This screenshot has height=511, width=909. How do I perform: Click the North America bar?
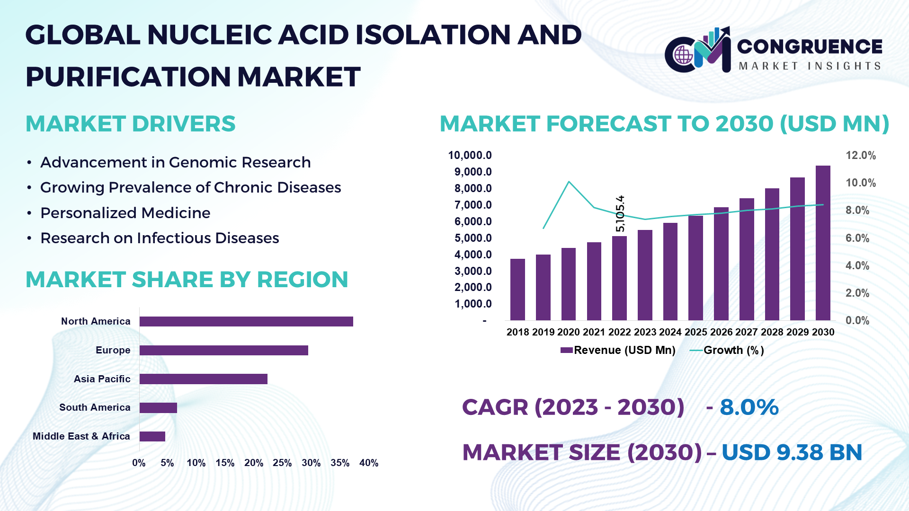coord(246,322)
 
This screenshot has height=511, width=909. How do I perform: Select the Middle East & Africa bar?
coord(152,436)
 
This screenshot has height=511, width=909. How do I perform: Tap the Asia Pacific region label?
coord(102,379)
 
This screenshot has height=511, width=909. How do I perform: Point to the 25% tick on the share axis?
coord(282,463)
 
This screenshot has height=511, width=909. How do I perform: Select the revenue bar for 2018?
coord(517,290)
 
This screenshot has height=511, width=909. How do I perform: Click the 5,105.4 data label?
coord(620,213)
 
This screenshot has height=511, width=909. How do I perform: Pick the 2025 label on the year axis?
coord(695,332)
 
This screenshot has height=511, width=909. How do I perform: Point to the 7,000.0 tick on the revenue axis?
coord(473,205)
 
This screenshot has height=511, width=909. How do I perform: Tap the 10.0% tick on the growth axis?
coord(860,183)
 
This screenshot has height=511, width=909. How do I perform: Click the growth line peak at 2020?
coord(569,182)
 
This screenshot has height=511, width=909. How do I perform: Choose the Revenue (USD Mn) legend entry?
coord(618,351)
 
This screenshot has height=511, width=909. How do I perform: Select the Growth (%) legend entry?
coord(727,351)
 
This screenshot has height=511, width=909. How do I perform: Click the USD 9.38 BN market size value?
coord(791,453)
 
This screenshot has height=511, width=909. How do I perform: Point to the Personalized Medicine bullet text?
coord(125,213)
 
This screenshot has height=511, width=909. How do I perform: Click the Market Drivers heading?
coord(130,124)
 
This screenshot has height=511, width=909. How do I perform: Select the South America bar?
coord(158,408)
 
